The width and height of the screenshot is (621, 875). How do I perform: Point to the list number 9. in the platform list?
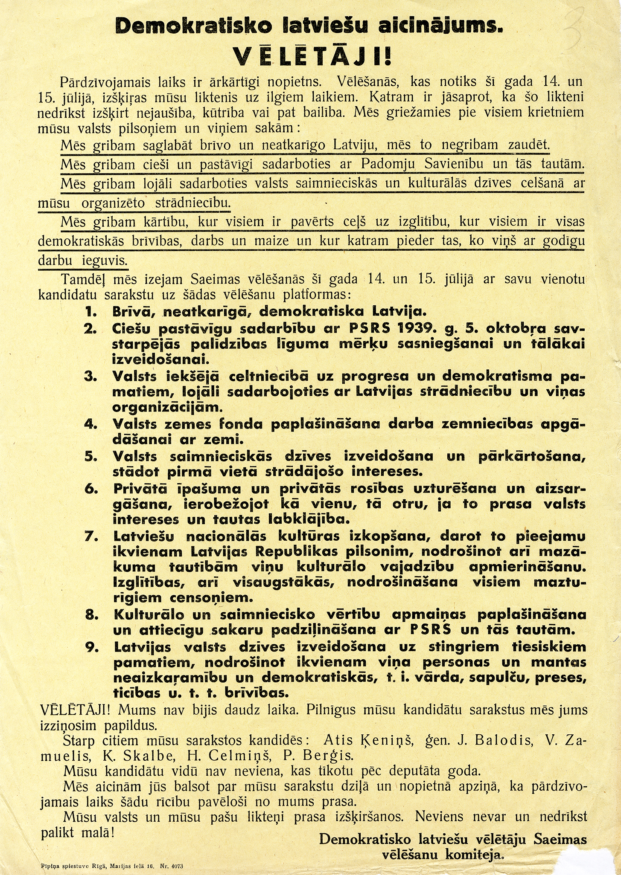click(x=92, y=647)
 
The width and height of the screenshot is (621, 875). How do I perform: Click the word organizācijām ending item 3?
click(x=167, y=406)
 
